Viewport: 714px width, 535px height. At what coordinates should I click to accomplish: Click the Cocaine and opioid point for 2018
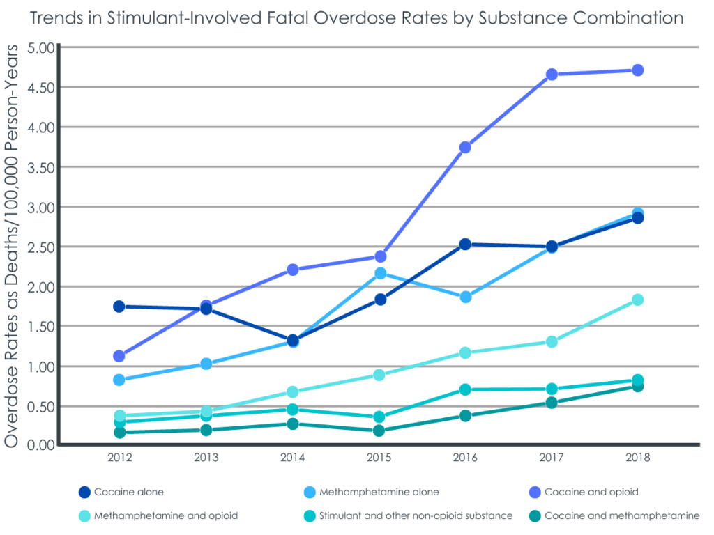(637, 70)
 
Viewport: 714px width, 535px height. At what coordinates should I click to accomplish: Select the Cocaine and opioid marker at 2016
(465, 148)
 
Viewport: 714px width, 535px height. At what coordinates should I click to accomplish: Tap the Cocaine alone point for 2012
(119, 307)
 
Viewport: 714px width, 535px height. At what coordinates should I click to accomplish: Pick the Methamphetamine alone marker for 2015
(380, 273)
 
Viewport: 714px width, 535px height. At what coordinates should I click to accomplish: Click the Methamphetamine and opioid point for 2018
(637, 300)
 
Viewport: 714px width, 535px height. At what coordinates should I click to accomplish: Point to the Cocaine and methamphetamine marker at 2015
(379, 431)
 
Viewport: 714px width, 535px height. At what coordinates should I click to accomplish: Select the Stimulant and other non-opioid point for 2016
(465, 389)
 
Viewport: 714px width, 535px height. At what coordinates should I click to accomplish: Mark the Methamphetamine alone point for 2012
(119, 380)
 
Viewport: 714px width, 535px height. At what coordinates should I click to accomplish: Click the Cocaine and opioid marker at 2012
(119, 356)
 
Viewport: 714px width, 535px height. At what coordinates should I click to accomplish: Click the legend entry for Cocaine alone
(129, 492)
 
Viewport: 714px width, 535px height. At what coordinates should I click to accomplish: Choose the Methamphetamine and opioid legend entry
(167, 515)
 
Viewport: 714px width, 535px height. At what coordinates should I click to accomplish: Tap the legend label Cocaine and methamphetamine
(622, 515)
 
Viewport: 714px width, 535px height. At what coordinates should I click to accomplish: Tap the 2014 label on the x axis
(292, 458)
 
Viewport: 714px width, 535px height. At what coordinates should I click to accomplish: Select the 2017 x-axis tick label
(551, 458)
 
